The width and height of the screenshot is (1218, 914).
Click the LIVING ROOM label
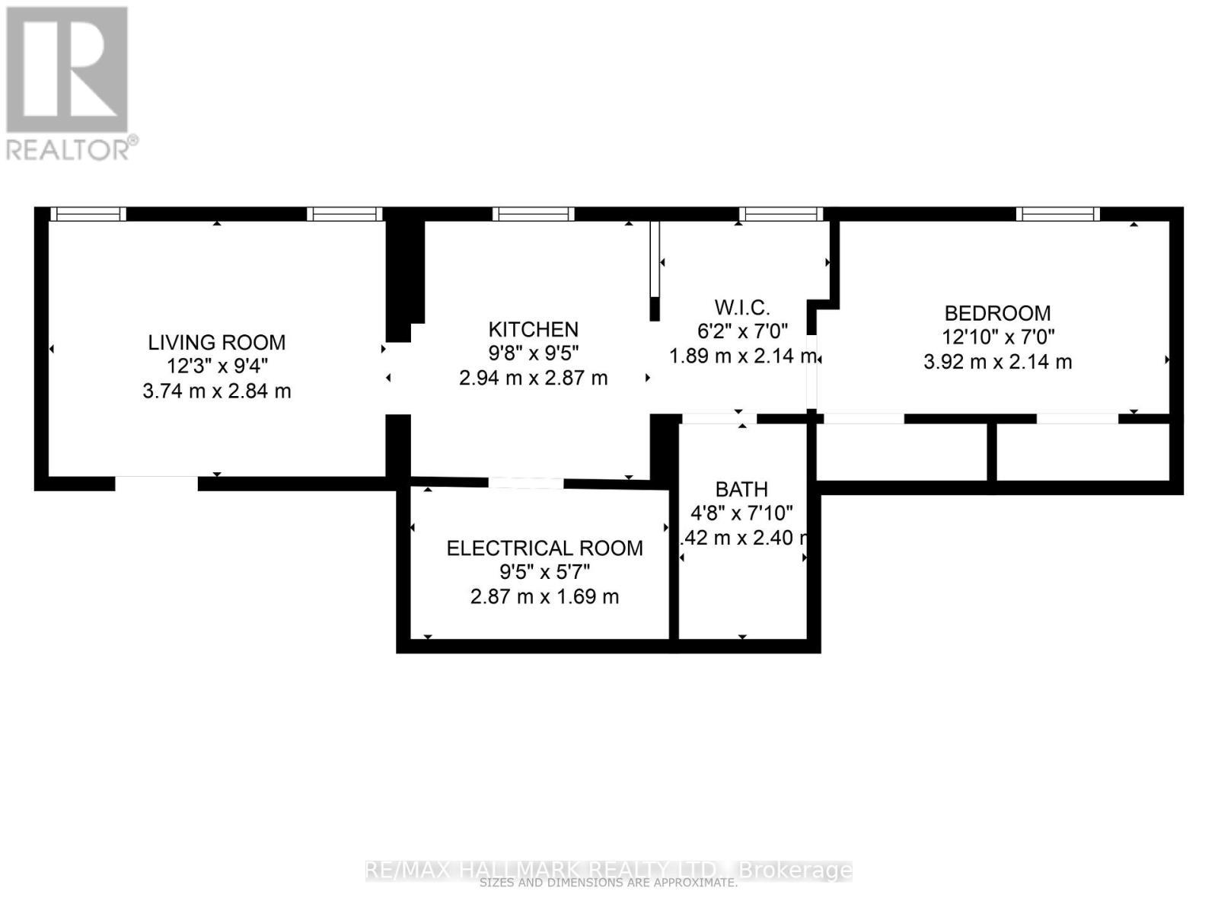click(x=217, y=342)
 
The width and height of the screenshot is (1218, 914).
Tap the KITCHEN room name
click(x=533, y=329)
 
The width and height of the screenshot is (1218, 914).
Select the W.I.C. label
click(x=742, y=307)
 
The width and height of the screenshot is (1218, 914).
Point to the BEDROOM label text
click(x=997, y=312)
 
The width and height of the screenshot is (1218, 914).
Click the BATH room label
click(x=741, y=488)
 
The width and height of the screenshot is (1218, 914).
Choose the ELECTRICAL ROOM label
click(x=544, y=548)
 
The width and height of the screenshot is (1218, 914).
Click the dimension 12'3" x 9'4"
click(x=217, y=366)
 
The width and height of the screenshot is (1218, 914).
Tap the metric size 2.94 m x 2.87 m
click(x=533, y=378)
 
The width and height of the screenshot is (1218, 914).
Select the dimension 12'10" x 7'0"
click(x=997, y=337)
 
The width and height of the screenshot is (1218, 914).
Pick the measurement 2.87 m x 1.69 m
click(x=544, y=596)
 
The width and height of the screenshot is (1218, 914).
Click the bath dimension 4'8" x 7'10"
click(x=741, y=513)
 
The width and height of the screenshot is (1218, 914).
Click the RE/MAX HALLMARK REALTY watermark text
click(x=609, y=870)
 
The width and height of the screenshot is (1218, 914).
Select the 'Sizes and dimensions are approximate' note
click(x=609, y=884)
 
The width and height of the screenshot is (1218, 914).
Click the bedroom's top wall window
click(x=1057, y=214)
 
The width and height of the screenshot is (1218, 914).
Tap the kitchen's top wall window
click(x=533, y=214)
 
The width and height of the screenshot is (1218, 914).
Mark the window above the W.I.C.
click(x=781, y=214)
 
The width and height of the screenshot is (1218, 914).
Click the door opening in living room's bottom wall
click(x=157, y=483)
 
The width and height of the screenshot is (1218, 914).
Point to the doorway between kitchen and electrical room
click(x=526, y=483)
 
